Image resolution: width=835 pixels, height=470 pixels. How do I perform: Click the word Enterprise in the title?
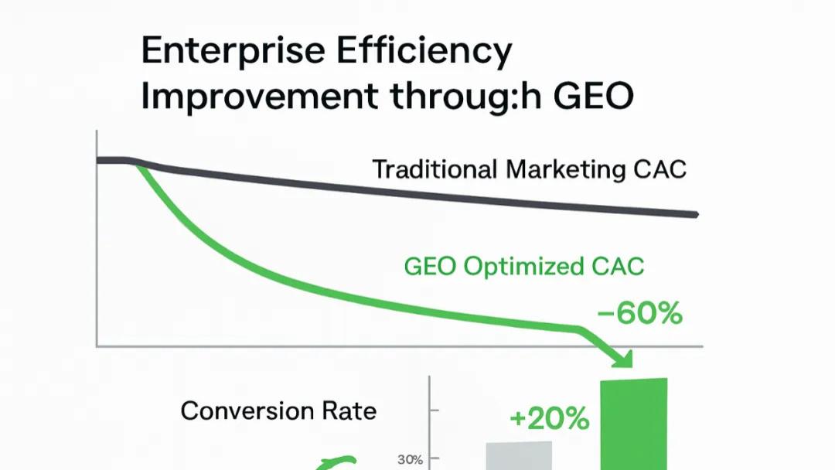233,52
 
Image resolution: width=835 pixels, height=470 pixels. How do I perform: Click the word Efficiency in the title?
424,52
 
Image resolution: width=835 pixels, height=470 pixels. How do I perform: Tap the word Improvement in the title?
259,97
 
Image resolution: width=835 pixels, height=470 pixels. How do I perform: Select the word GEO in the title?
593,97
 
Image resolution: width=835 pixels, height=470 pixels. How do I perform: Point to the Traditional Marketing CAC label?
530,170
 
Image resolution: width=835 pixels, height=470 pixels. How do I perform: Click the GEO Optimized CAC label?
524,267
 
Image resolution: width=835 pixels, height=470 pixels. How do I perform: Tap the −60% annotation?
639,313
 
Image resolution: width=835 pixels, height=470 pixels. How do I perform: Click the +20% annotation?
550,419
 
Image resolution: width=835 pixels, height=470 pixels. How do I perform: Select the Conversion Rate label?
278,411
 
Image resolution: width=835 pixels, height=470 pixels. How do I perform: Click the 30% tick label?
410,459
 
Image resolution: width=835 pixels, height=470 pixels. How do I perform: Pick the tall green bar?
634,424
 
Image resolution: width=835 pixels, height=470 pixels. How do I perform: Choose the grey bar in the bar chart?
520,455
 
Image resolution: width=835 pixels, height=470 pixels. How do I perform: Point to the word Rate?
349,411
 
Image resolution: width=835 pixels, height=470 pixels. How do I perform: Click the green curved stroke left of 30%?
336,462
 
